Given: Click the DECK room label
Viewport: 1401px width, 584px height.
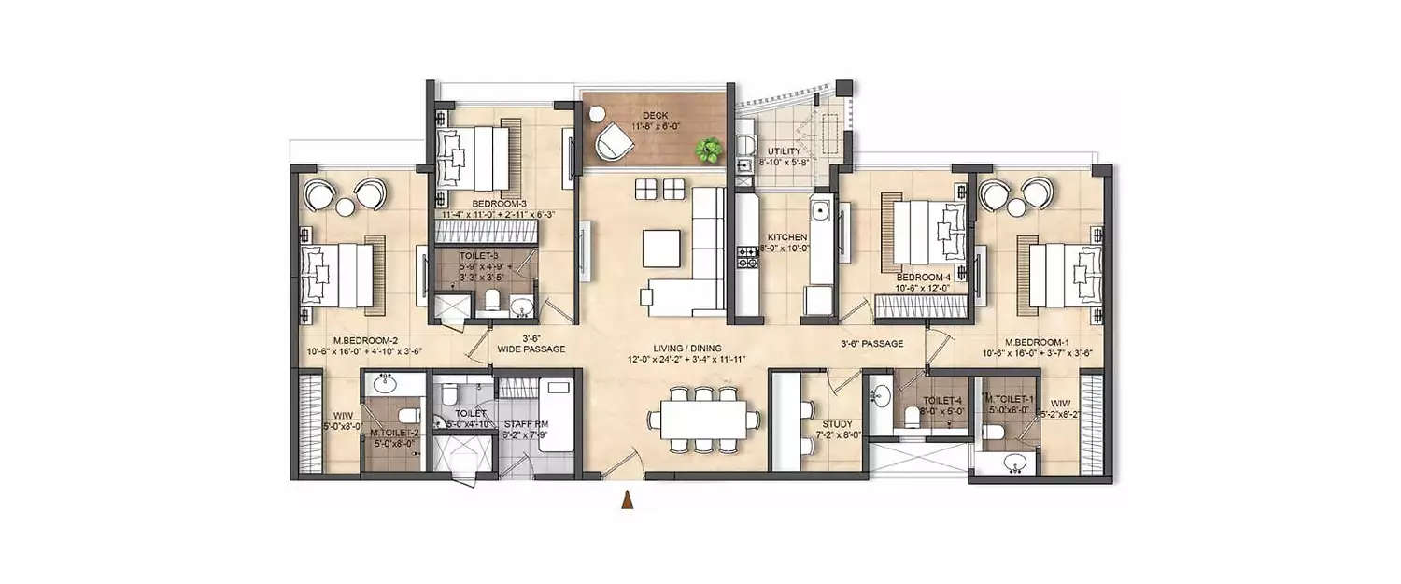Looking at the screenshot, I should (654, 115).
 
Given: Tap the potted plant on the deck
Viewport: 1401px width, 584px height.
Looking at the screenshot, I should (711, 148).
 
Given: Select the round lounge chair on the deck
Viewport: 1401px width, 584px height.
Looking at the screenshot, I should (614, 140).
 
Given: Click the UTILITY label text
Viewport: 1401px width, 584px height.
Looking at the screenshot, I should (784, 150).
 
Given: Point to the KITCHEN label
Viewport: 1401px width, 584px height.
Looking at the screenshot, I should (786, 237).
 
